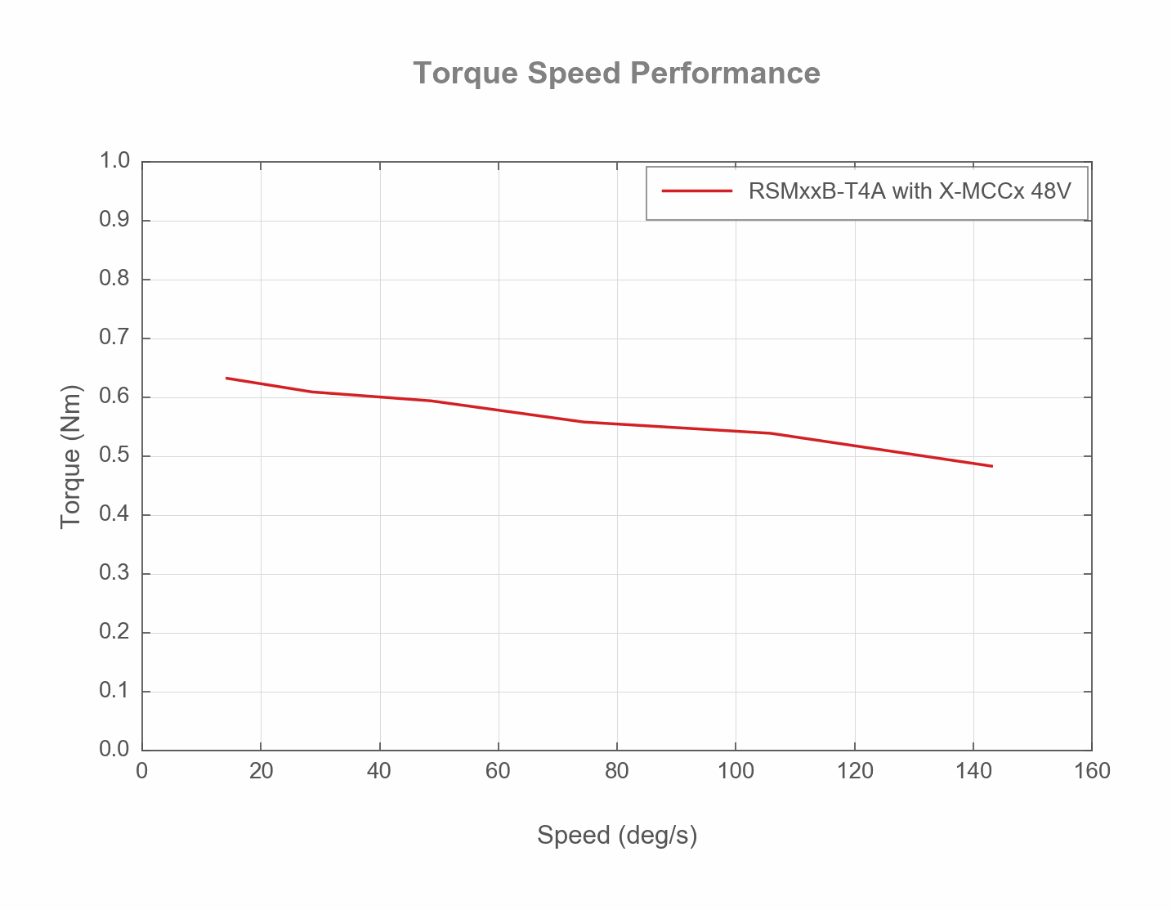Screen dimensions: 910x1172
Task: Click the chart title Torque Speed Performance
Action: pos(616,73)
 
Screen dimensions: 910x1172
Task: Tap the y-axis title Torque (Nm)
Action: pos(71,456)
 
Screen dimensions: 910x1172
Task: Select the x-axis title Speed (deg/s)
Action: pos(617,835)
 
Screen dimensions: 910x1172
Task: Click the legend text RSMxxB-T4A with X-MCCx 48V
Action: pos(909,191)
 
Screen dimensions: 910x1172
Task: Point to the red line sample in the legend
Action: pos(696,191)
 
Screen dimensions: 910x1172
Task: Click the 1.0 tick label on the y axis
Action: pos(114,161)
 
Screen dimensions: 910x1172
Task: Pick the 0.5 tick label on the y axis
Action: pos(114,455)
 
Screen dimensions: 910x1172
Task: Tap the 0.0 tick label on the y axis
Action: pos(114,750)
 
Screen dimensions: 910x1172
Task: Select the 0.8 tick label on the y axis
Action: pos(114,279)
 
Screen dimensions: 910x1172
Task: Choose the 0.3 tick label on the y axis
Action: pos(114,573)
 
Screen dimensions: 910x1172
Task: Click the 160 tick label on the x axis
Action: pos(1092,771)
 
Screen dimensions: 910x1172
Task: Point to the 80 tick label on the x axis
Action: pos(617,771)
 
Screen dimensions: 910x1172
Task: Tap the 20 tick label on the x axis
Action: pos(261,771)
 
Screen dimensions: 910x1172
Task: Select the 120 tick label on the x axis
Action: pos(854,771)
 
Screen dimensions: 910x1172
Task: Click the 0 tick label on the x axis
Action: pos(142,771)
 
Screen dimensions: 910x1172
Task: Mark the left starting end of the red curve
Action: pos(226,378)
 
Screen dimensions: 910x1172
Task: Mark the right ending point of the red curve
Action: pos(991,466)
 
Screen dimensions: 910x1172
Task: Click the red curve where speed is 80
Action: pos(617,424)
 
